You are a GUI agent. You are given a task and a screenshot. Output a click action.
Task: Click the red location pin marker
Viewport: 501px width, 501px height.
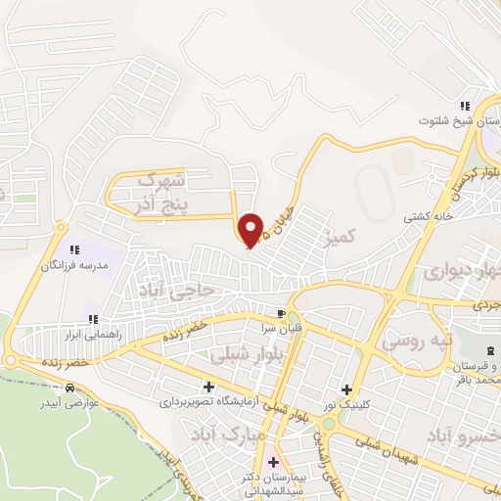tap(251, 229)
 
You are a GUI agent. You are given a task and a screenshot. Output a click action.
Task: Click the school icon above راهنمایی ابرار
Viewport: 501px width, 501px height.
tap(93, 318)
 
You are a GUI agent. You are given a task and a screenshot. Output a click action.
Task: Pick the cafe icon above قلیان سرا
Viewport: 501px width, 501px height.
tap(282, 313)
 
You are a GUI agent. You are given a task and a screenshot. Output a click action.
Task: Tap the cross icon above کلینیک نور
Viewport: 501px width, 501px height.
tap(347, 388)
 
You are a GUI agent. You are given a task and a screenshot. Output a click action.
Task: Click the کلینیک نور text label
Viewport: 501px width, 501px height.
tap(348, 403)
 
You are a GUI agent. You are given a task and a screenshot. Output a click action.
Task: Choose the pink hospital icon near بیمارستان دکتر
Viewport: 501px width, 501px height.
tap(273, 462)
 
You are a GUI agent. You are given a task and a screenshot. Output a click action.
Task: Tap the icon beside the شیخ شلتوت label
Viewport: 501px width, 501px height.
tap(467, 106)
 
